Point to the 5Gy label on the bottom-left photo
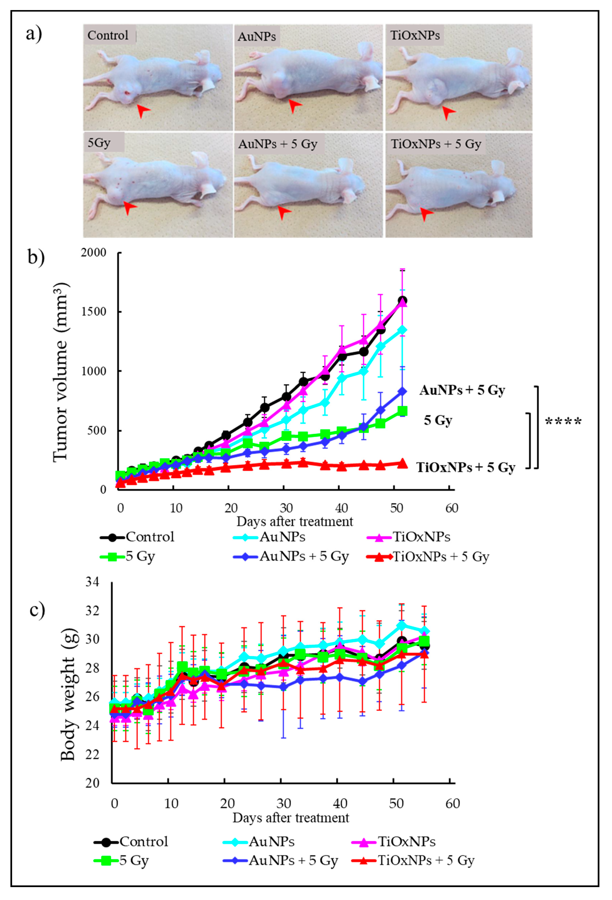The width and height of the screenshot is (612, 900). coord(99,143)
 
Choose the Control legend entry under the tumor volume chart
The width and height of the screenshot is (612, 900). coord(138,537)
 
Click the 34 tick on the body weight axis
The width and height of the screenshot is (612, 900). coord(93,582)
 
